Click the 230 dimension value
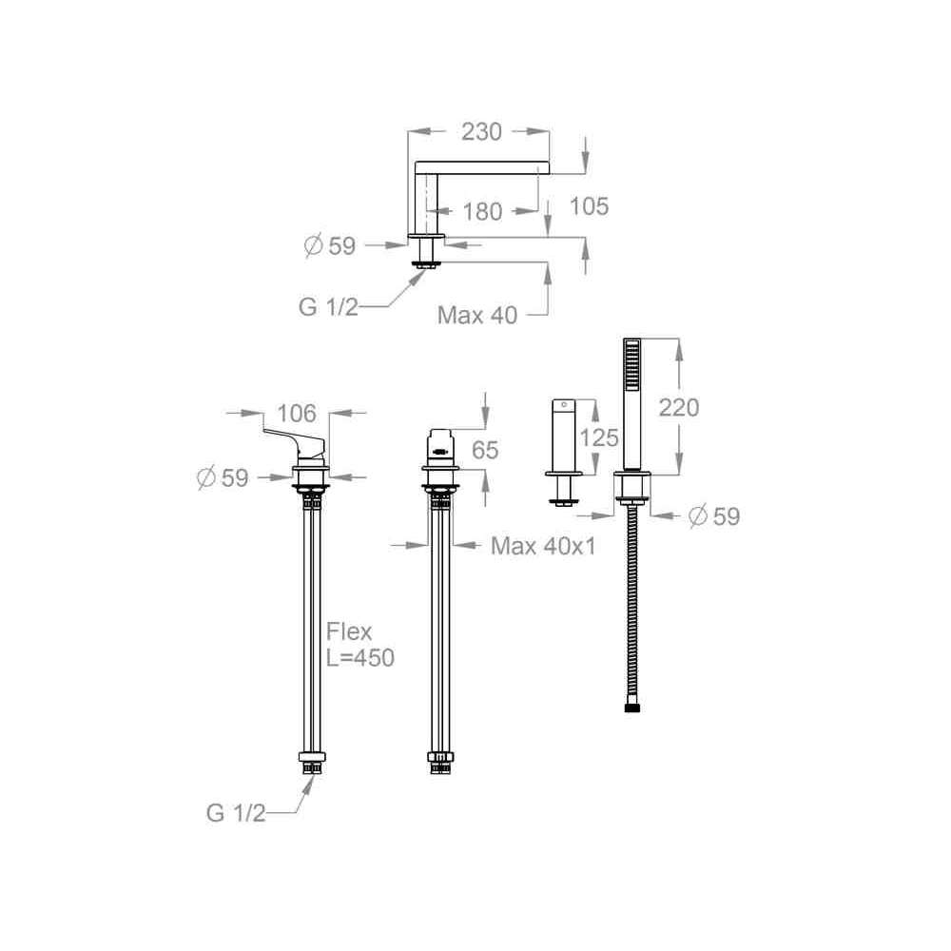481,131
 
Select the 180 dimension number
483,212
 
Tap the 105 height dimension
589,206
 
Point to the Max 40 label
477,315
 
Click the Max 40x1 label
543,546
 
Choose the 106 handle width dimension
297,414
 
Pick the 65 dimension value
485,450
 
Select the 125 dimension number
599,437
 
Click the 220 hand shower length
679,408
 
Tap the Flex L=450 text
360,644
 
